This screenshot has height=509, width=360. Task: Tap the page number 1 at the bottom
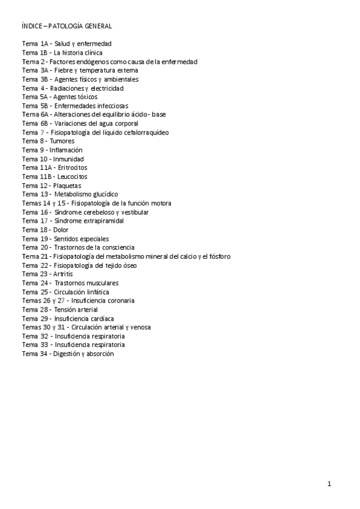pyautogui.click(x=329, y=483)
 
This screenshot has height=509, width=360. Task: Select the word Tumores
pyautogui.click(x=62, y=141)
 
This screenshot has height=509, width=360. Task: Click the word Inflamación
pyautogui.click(x=66, y=150)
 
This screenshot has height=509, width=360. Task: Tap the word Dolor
pyautogui.click(x=61, y=230)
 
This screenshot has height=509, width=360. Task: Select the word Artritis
pyautogui.click(x=63, y=274)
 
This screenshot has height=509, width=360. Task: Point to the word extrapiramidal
pyautogui.click(x=100, y=221)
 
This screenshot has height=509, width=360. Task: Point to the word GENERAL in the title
pyautogui.click(x=97, y=26)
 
